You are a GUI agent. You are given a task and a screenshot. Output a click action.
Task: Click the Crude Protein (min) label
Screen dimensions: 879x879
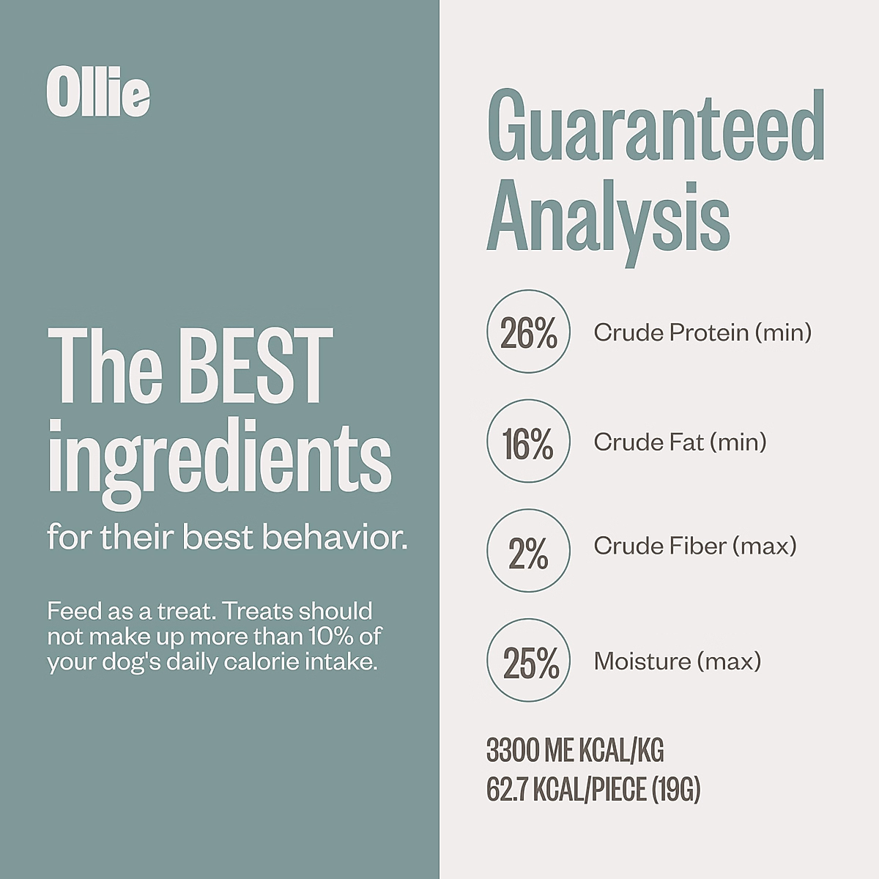(x=702, y=333)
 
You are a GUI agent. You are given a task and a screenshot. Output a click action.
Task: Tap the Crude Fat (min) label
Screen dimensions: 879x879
(x=680, y=442)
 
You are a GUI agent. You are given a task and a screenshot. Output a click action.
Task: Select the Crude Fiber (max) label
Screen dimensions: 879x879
(x=694, y=546)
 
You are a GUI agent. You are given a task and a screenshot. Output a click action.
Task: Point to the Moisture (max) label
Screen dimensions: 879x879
(x=678, y=661)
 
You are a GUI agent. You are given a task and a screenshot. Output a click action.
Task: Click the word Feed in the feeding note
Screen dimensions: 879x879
(x=75, y=611)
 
